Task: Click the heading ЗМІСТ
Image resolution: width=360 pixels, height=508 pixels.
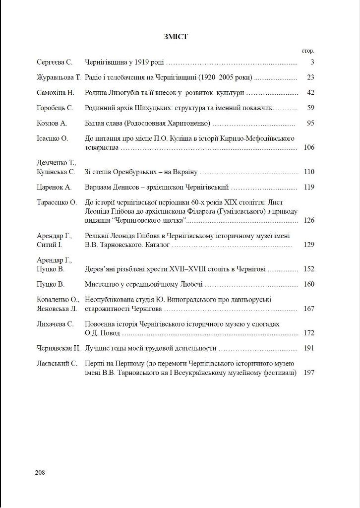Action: tap(176, 36)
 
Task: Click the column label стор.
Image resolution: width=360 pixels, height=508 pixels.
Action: tap(308, 51)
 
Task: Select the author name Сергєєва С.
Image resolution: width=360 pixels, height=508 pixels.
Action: tap(55, 63)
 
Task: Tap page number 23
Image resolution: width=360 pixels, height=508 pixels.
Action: tap(310, 77)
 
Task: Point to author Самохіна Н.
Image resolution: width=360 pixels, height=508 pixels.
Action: tap(55, 92)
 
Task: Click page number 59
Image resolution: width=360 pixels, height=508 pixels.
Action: tap(310, 108)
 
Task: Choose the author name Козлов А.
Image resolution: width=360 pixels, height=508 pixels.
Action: tap(52, 123)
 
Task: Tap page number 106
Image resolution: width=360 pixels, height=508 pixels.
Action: tap(309, 147)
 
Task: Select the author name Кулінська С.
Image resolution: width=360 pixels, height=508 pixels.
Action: tap(56, 172)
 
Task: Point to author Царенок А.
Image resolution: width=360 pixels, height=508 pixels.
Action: tap(54, 188)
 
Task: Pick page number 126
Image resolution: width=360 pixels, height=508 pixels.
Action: tap(309, 220)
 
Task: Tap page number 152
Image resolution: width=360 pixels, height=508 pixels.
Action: tap(309, 269)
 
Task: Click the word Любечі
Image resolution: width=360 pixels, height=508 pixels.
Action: tap(190, 285)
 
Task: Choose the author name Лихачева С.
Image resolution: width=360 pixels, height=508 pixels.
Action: tap(55, 324)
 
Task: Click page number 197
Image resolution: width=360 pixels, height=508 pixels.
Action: tap(309, 373)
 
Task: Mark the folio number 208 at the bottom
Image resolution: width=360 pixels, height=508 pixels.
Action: tap(40, 472)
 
